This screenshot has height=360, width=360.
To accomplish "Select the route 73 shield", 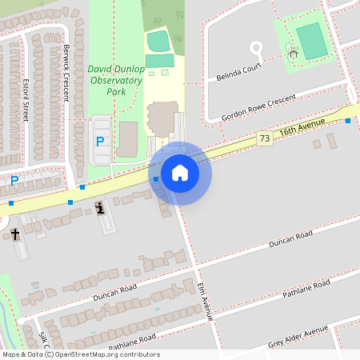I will (x=265, y=139).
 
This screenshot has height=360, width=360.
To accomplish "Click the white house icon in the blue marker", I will (x=180, y=172).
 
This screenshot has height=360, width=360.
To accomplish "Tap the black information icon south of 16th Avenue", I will (x=99, y=208).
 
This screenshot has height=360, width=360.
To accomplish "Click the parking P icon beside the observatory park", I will (x=100, y=142).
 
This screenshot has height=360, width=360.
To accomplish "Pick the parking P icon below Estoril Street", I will (x=14, y=182).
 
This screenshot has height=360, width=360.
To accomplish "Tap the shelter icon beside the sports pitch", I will (x=292, y=54).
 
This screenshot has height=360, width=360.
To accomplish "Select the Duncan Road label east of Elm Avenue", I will (x=290, y=238).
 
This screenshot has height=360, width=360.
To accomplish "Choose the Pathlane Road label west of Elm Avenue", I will (x=132, y=342).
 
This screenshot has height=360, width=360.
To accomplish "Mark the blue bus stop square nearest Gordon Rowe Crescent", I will (x=348, y=121).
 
